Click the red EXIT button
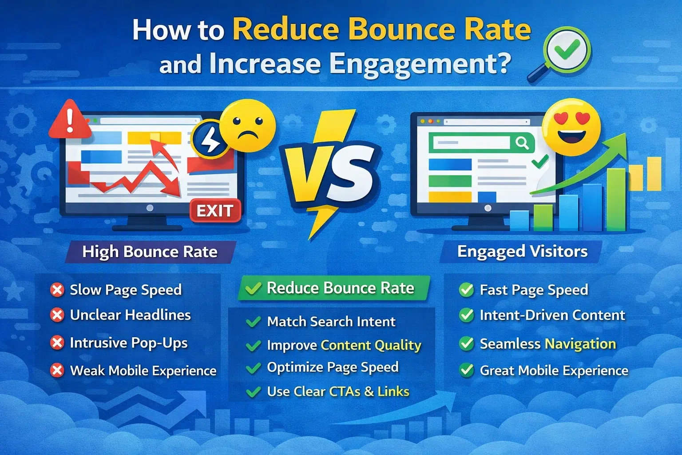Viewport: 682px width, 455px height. click(x=215, y=211)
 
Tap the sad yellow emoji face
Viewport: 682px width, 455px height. click(x=247, y=126)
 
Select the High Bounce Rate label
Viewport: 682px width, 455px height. click(x=150, y=252)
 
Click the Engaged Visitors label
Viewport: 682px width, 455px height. click(x=522, y=251)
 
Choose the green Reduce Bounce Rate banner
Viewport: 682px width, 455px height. click(x=334, y=288)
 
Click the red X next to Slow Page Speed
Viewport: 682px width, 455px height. click(x=57, y=290)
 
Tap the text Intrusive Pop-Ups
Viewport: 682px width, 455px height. click(x=129, y=343)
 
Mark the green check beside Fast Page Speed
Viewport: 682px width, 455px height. click(x=466, y=290)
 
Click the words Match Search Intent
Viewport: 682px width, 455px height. click(x=331, y=322)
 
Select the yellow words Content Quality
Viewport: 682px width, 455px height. click(x=371, y=345)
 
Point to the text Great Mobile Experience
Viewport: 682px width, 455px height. click(x=554, y=371)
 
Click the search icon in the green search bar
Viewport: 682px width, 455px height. click(x=522, y=143)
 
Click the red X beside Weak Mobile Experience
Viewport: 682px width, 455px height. click(x=57, y=370)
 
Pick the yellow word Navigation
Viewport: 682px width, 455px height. click(x=580, y=344)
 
